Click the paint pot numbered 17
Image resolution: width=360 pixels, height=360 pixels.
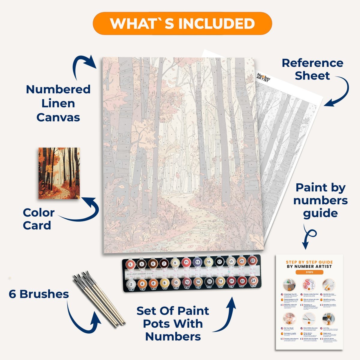click(x=220, y=262)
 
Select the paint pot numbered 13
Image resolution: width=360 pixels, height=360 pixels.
click(x=197, y=262)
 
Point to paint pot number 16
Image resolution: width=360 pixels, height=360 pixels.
click(x=209, y=282)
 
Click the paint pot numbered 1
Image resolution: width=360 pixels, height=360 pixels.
click(x=130, y=264)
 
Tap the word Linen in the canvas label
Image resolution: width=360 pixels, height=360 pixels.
click(x=58, y=103)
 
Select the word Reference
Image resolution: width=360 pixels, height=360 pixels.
click(x=312, y=63)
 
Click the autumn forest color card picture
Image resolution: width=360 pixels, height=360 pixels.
click(x=59, y=173)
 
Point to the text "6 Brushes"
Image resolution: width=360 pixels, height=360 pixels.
click(x=39, y=294)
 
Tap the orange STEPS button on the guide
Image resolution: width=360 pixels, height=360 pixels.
click(x=309, y=272)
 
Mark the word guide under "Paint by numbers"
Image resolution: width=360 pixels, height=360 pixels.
click(x=320, y=213)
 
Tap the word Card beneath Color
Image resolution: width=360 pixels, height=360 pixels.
click(x=37, y=226)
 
